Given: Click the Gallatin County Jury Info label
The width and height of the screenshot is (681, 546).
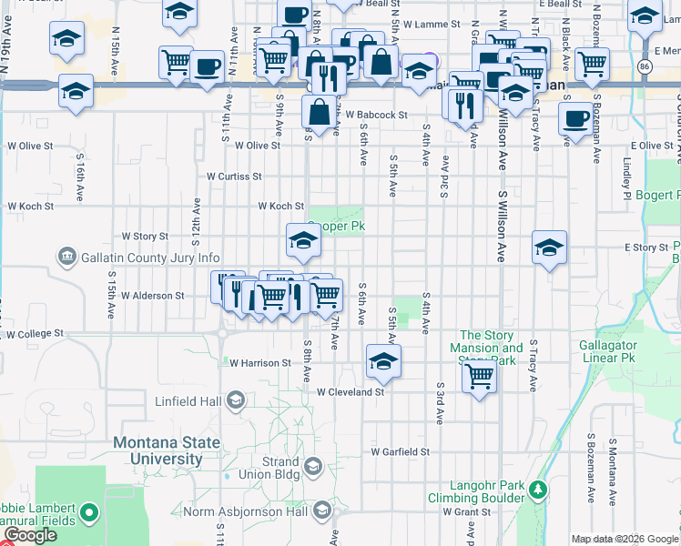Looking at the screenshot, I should (x=150, y=258).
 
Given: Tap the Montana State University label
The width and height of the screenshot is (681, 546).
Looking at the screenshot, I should (x=167, y=450).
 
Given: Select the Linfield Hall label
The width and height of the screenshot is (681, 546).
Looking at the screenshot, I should (x=188, y=401).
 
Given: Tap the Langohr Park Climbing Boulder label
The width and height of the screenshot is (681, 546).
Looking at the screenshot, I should (x=482, y=492).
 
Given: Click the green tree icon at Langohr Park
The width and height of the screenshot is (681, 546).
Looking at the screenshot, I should (x=538, y=490).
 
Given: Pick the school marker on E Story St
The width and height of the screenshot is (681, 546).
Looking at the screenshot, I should (x=550, y=248).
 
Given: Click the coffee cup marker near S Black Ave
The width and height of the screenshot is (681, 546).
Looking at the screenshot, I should (x=574, y=118).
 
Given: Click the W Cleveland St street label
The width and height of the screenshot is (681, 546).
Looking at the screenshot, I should (x=351, y=392).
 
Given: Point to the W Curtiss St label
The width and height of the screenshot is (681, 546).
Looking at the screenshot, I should (x=234, y=177).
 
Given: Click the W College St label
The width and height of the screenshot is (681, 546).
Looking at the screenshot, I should (x=35, y=334).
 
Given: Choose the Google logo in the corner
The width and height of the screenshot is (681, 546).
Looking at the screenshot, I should (x=29, y=535).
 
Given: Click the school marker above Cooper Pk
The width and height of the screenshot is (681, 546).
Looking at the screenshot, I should (x=303, y=240).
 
